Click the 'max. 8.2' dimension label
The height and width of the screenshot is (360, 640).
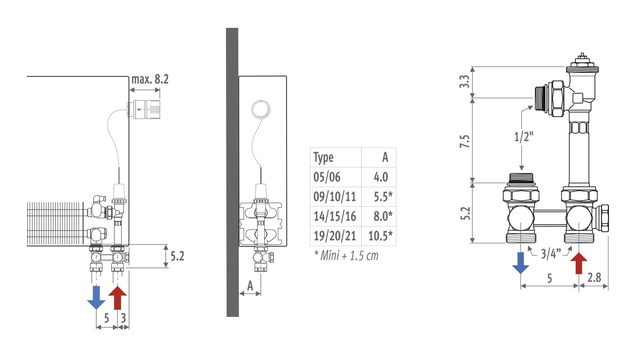pos(150,79)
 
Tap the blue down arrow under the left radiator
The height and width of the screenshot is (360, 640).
pos(96,297)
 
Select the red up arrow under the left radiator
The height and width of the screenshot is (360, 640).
pos(118,297)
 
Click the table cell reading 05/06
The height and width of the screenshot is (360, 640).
pos(327,177)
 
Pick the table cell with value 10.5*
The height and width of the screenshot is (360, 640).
pos(380,236)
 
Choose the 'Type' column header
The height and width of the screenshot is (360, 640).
pos(323,158)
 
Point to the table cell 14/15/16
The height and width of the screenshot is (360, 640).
pos(335,216)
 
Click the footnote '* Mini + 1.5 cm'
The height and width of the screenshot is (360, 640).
pos(346,256)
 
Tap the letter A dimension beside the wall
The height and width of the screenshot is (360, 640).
pos(250,286)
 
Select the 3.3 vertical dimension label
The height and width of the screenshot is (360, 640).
pos(464,82)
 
